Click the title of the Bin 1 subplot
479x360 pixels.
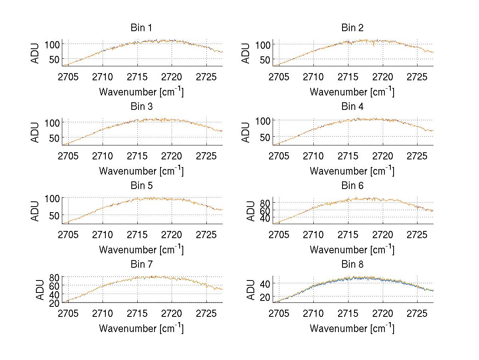tap(141, 28)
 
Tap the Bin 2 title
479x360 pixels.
tap(352, 28)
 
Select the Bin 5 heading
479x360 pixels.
tap(141, 186)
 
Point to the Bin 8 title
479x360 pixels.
tap(352, 265)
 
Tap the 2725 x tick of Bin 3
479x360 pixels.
tap(206, 155)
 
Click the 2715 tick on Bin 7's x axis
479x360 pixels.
tap(137, 313)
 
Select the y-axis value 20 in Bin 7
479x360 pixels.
tap(55, 303)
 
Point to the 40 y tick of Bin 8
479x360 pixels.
tap(265, 283)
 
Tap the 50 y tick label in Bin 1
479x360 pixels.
tap(55, 59)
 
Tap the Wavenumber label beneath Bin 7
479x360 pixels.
tap(141, 328)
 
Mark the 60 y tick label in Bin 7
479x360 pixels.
tap(55, 285)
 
